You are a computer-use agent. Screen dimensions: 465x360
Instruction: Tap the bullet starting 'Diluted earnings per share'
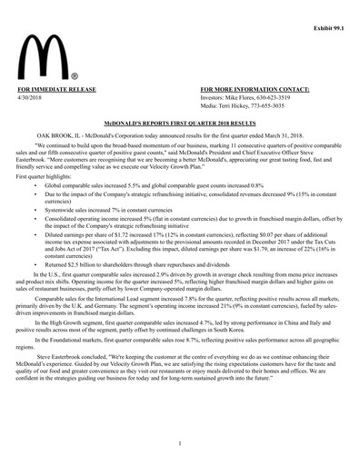182,236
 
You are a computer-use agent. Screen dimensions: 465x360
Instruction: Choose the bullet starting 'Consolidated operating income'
182,221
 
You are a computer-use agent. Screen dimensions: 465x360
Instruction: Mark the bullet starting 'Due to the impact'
182,197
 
